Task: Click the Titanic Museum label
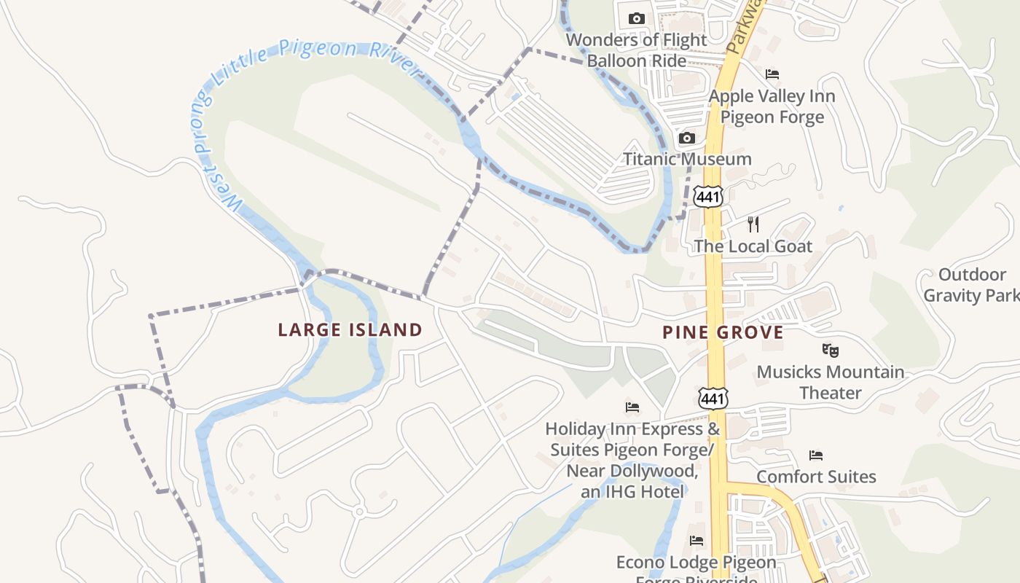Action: [x=687, y=159]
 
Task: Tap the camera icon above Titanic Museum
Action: [x=686, y=138]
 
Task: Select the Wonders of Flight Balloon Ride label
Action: [x=637, y=50]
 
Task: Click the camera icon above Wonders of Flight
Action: [x=637, y=18]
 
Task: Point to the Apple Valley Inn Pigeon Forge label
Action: [x=772, y=106]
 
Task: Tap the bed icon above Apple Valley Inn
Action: [x=772, y=74]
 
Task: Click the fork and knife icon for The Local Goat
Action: [x=753, y=224]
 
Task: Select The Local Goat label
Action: [x=753, y=246]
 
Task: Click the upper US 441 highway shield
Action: [x=708, y=196]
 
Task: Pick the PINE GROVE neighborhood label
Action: [x=723, y=333]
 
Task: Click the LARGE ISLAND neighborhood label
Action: [x=350, y=330]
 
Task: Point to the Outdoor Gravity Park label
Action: [x=972, y=285]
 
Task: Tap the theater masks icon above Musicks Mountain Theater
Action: [x=830, y=350]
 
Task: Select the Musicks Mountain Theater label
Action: [x=831, y=383]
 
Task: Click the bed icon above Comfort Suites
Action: [x=816, y=455]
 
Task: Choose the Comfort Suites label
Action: [x=816, y=477]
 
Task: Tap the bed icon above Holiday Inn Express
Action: [x=632, y=407]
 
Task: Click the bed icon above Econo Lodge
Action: [x=697, y=541]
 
